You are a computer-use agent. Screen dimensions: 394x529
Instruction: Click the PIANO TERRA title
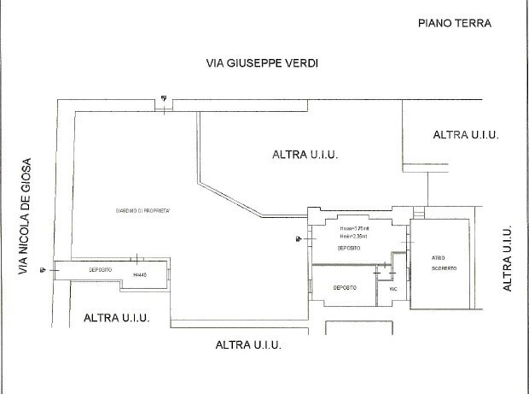pos(455,23)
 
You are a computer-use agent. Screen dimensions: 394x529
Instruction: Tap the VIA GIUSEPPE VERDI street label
pos(255,63)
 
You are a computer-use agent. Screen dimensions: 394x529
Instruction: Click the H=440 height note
pos(141,274)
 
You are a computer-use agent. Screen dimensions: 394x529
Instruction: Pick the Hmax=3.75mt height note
pos(352,229)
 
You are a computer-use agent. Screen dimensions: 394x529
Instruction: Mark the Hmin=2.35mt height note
pos(352,237)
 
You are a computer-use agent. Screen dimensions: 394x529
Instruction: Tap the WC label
pos(393,289)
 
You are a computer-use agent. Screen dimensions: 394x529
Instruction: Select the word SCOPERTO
pos(443,268)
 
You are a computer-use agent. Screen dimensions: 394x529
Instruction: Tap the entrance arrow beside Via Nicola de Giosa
pos(42,270)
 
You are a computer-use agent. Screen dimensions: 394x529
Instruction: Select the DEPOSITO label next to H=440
pos(102,269)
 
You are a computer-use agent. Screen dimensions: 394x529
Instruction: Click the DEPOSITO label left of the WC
pos(344,288)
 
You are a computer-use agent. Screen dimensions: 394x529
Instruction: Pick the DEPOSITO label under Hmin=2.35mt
pos(348,248)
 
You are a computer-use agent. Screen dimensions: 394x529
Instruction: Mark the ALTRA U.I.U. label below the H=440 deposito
pos(117,318)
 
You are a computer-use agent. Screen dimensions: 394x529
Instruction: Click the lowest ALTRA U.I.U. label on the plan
pos(248,345)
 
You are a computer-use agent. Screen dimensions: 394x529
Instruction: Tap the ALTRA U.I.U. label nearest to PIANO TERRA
pos(465,135)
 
